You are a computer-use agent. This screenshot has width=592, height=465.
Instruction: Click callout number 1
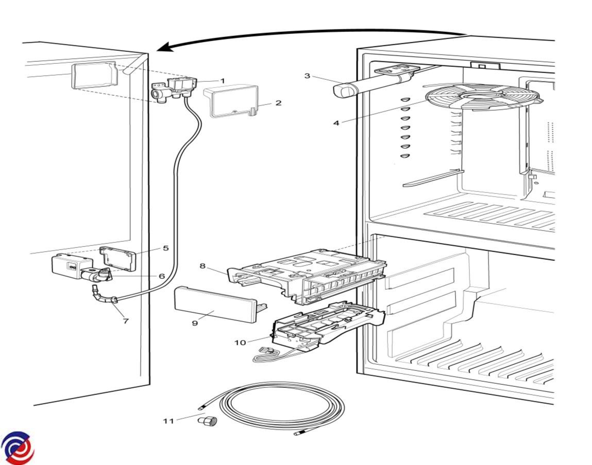(x=223, y=81)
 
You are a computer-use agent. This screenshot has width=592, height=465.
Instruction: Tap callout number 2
(x=278, y=103)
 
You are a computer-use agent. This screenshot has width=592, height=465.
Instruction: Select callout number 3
(x=307, y=76)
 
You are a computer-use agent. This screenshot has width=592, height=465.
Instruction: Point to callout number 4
(x=336, y=123)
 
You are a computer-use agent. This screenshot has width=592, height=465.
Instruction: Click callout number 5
(x=165, y=248)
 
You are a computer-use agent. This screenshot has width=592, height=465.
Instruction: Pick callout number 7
(x=125, y=321)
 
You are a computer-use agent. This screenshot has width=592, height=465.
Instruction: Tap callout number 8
(x=202, y=266)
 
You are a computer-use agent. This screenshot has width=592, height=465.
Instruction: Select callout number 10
(x=240, y=343)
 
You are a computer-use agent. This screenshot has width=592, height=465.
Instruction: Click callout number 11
(x=168, y=421)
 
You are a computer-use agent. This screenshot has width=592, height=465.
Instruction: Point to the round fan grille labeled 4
(x=482, y=97)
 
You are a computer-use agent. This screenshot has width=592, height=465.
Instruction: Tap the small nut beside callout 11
(x=208, y=422)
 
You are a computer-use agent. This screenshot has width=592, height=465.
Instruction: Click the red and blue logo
(x=18, y=447)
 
